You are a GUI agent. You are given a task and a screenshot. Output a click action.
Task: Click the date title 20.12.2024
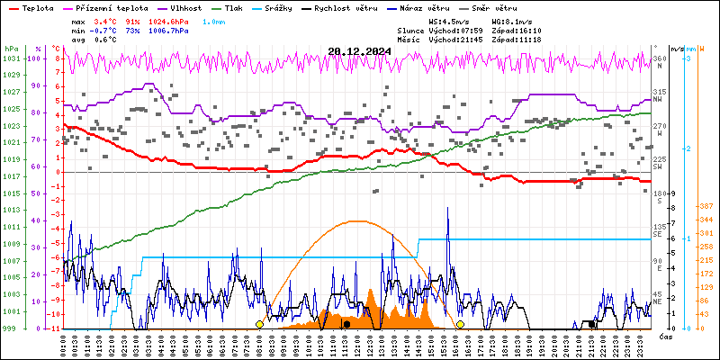pos(359,51)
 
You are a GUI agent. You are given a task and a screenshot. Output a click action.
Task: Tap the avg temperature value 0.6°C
pos(106,40)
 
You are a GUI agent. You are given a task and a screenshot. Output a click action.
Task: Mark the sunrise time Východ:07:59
pos(457,30)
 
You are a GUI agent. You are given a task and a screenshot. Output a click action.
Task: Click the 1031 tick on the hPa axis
pos(11,58)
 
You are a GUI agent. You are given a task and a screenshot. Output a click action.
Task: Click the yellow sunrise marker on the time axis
pos(260,324)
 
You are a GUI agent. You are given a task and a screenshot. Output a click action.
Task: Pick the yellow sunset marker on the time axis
pos(460,324)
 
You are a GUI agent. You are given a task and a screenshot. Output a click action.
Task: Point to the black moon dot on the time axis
pos(346,324)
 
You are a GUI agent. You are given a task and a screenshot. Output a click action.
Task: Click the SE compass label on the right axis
pos(660,233)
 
